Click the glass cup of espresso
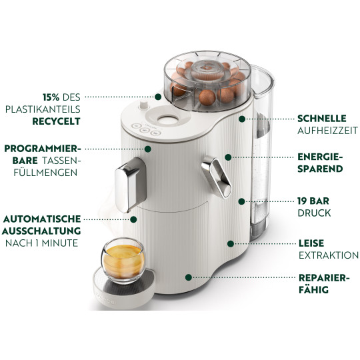123,261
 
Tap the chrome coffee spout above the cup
131,185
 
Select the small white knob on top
143,105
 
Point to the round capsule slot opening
168,119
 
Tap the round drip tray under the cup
124,289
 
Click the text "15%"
51,97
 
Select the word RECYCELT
56,121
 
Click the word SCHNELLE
322,119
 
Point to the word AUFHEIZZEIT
327,131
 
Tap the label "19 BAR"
313,201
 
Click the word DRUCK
314,213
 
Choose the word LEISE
311,243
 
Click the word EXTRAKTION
329,255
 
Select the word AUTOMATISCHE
42,219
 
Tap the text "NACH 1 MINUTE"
42,243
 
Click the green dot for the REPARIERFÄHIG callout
189,277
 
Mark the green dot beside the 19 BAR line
241,201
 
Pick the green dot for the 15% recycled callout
158,97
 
